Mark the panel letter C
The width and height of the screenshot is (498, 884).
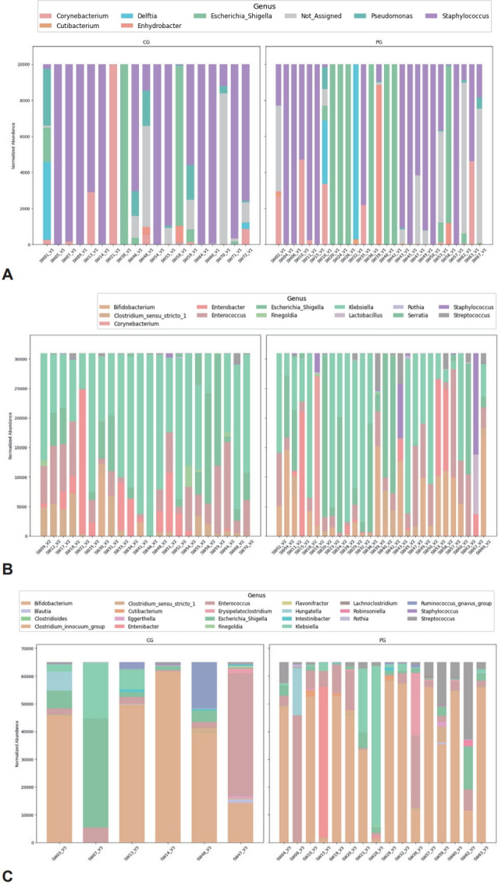pyautogui.click(x=9, y=875)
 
